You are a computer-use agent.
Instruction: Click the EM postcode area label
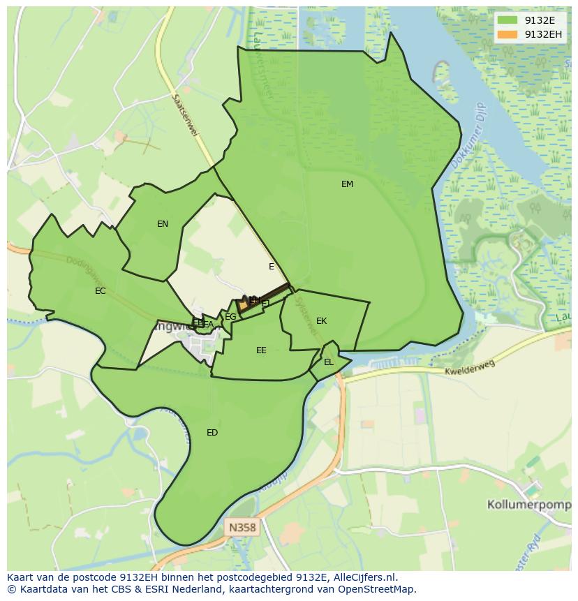347,184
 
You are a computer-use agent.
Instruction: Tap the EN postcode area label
163,224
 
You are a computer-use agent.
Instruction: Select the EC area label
101,291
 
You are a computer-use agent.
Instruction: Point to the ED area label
212,433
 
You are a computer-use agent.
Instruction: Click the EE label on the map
261,350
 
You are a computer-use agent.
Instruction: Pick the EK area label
321,321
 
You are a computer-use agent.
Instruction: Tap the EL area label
329,362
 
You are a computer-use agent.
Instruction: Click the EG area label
230,317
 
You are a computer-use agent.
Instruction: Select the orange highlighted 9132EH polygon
244,306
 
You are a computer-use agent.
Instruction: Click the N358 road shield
242,528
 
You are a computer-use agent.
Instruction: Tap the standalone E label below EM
272,267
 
